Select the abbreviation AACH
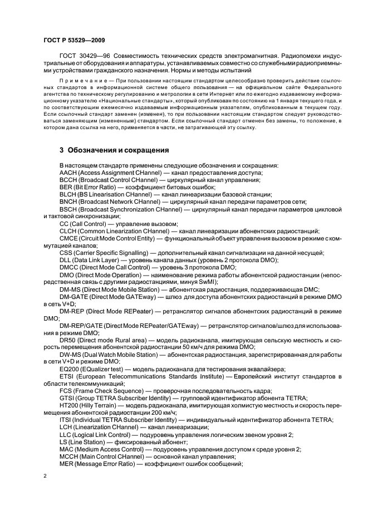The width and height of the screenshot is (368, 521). click(x=69, y=173)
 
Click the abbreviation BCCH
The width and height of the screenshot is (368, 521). click(x=69, y=180)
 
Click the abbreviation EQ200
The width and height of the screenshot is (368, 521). click(x=70, y=368)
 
